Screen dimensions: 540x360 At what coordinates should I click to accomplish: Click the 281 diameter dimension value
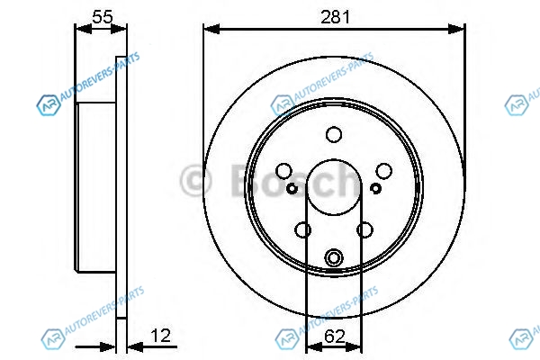point(335,17)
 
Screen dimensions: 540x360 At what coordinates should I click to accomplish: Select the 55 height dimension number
point(103,17)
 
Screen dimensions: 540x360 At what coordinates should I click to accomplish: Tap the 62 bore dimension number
point(334,337)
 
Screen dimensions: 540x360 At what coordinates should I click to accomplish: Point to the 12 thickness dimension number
point(161,336)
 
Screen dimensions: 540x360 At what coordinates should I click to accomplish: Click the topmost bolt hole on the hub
point(334,134)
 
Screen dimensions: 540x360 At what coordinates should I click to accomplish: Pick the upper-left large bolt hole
point(284,171)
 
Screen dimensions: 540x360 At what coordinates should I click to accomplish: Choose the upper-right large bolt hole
point(384,171)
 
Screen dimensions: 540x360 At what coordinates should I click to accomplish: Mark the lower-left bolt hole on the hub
point(303,229)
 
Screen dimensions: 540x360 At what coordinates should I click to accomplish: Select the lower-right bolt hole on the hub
point(365,229)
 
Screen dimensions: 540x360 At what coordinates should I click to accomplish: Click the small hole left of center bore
point(292,188)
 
